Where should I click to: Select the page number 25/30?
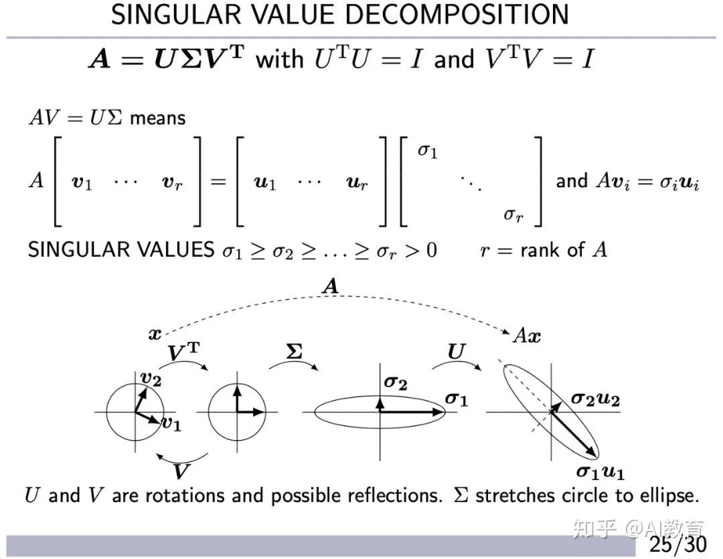677,543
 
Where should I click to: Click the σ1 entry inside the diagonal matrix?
427,151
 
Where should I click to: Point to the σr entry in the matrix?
513,215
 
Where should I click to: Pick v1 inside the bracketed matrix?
82,183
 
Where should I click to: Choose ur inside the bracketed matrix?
356,183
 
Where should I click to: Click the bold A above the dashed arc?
330,287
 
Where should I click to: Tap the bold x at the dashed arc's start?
155,334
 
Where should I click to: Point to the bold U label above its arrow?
455,352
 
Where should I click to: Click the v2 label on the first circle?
151,378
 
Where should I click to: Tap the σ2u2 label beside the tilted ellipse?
595,400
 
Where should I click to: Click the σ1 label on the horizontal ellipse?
457,399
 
